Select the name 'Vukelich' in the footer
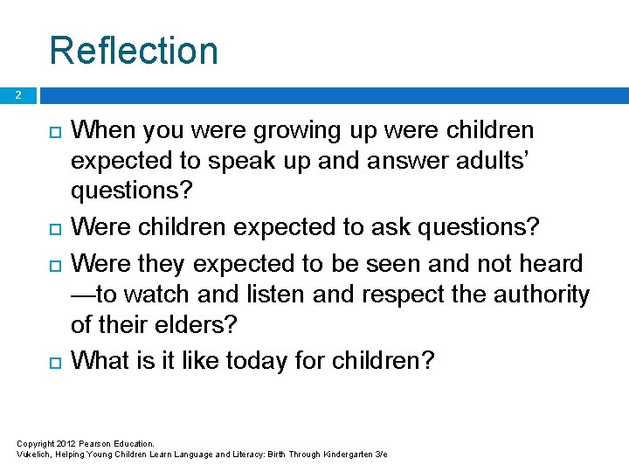[x=35, y=455]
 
